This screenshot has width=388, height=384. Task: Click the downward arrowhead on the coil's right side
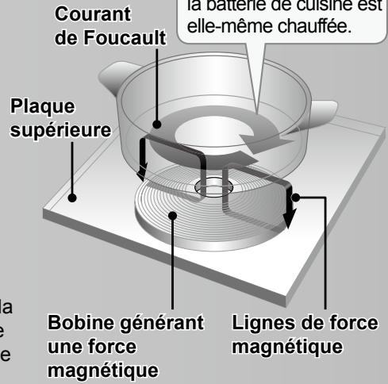tap(289, 217)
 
